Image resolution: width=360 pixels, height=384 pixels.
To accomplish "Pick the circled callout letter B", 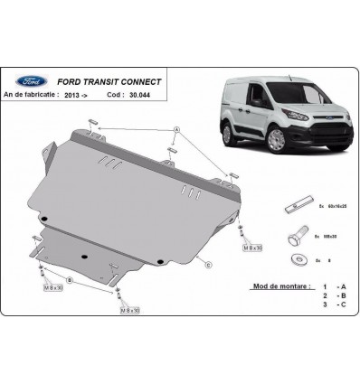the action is pos(71,280).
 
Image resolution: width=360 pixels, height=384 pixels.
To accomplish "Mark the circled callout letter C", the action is pos(209,264).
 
